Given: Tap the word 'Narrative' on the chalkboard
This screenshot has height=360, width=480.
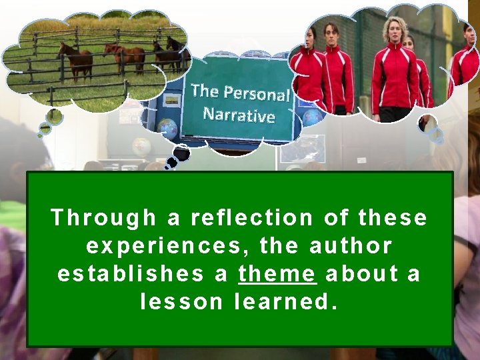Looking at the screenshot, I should (x=239, y=115).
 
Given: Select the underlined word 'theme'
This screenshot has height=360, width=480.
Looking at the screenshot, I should (x=277, y=274).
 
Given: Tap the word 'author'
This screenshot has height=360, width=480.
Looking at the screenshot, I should (x=351, y=246).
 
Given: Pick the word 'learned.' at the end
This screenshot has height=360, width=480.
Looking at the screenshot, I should (x=286, y=302).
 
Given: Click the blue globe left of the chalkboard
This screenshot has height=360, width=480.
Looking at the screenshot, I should (x=167, y=128).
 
